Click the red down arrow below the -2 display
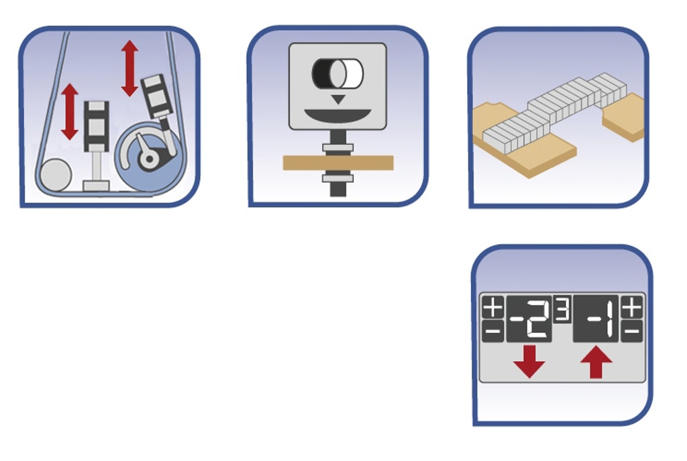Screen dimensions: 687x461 pyautogui.click(x=530, y=362)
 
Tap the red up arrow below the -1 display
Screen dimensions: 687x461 pyautogui.click(x=596, y=362)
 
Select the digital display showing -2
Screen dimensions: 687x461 pyautogui.click(x=529, y=319)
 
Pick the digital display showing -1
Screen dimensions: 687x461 pyautogui.click(x=596, y=319)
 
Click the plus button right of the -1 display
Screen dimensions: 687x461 pyautogui.click(x=632, y=307)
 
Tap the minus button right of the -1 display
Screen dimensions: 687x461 pyautogui.click(x=632, y=331)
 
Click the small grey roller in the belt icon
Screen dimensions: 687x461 pyautogui.click(x=56, y=175)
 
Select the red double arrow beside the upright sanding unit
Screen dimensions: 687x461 pyautogui.click(x=70, y=112)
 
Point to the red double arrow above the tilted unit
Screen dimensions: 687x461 pyautogui.click(x=129, y=68)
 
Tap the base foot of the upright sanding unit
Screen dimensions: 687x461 pyautogui.click(x=96, y=186)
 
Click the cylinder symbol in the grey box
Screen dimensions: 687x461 pyautogui.click(x=337, y=73)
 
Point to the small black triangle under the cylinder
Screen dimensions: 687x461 pyautogui.click(x=337, y=99)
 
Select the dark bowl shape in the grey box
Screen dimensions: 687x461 pyautogui.click(x=337, y=115)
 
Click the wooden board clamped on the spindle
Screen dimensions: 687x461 pyautogui.click(x=338, y=163)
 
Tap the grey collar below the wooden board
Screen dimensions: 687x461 pyautogui.click(x=338, y=178)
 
